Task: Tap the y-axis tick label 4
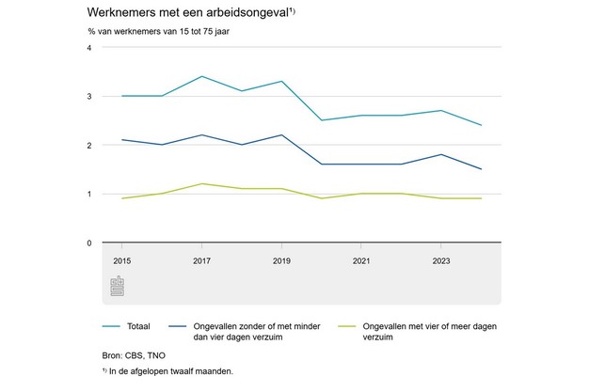coord(88,48)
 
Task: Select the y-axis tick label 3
coord(88,97)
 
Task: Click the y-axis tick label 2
coord(88,146)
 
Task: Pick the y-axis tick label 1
coord(88,195)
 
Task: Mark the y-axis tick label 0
coord(88,243)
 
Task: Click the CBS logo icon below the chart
coord(117,286)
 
